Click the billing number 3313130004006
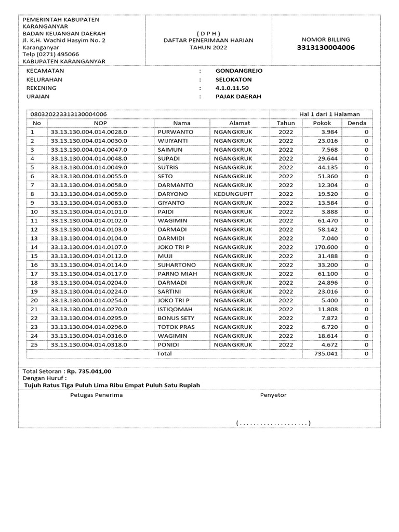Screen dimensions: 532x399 click(x=326, y=48)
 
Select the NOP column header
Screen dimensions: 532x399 click(x=100, y=123)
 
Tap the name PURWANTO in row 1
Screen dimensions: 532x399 click(x=175, y=132)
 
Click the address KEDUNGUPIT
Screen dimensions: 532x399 click(x=233, y=194)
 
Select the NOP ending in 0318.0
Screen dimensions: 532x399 click(x=89, y=344)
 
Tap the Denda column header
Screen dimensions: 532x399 click(x=357, y=123)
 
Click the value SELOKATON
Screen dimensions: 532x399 click(x=233, y=79)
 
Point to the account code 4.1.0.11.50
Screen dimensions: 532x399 click(x=232, y=88)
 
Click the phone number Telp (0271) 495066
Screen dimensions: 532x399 click(x=50, y=54)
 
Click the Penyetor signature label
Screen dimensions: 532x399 click(x=273, y=395)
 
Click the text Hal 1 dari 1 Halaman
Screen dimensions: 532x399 click(x=329, y=114)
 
